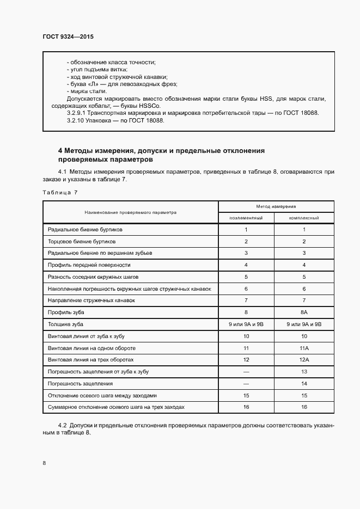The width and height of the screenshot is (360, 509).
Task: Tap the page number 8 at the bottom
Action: click(x=44, y=463)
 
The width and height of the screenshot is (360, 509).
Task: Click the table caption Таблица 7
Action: click(x=60, y=192)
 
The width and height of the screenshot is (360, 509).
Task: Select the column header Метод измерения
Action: click(x=276, y=207)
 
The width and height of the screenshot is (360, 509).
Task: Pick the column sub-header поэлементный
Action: click(x=246, y=218)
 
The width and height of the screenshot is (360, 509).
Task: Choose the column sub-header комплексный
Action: click(x=304, y=218)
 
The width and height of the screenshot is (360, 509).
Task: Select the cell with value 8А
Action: click(x=304, y=312)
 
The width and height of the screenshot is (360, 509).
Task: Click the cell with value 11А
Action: click(x=304, y=348)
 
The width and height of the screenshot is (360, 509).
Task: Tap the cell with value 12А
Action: click(x=304, y=360)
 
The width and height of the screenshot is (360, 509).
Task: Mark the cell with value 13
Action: click(x=304, y=371)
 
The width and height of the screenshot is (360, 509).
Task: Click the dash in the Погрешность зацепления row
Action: click(x=246, y=383)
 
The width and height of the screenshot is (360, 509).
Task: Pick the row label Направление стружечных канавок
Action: click(x=91, y=301)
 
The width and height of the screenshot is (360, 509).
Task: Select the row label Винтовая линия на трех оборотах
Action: click(x=90, y=360)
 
